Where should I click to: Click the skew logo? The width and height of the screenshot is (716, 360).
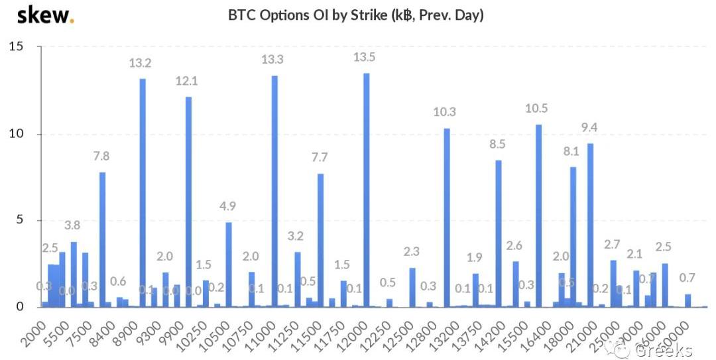click(45, 15)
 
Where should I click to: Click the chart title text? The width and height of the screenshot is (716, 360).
click(355, 15)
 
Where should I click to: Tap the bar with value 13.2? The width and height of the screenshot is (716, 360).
click(143, 192)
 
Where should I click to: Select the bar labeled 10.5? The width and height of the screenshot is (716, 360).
click(538, 215)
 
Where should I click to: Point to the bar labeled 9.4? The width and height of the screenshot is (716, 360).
click(590, 225)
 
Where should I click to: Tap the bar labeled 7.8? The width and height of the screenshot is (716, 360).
click(102, 239)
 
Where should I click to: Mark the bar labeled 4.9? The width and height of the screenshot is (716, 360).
click(229, 265)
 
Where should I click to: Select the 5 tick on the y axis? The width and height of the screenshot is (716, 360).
click(20, 220)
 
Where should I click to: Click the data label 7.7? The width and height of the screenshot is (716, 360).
click(320, 157)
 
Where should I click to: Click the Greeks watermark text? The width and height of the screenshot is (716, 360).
click(663, 349)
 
